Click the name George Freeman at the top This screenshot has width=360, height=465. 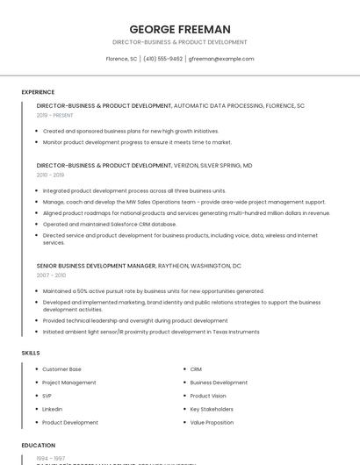180,29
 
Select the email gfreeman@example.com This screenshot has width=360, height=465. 221,59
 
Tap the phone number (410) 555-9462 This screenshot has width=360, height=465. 162,59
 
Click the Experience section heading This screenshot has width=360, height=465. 38,91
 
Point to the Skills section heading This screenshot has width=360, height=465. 31,352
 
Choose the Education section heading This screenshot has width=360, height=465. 39,445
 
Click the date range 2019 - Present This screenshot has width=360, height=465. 55,115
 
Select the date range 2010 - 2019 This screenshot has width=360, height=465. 50,175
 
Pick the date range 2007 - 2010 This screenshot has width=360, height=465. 51,275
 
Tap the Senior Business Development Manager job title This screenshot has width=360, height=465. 96,265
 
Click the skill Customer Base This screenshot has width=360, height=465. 61,369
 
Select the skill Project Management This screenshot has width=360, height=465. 69,383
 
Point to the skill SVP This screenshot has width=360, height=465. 47,396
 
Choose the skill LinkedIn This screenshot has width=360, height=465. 53,409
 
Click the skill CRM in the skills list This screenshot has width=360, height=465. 196,369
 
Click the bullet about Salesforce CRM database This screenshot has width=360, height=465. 110,224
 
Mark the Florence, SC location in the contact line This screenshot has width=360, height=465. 121,59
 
